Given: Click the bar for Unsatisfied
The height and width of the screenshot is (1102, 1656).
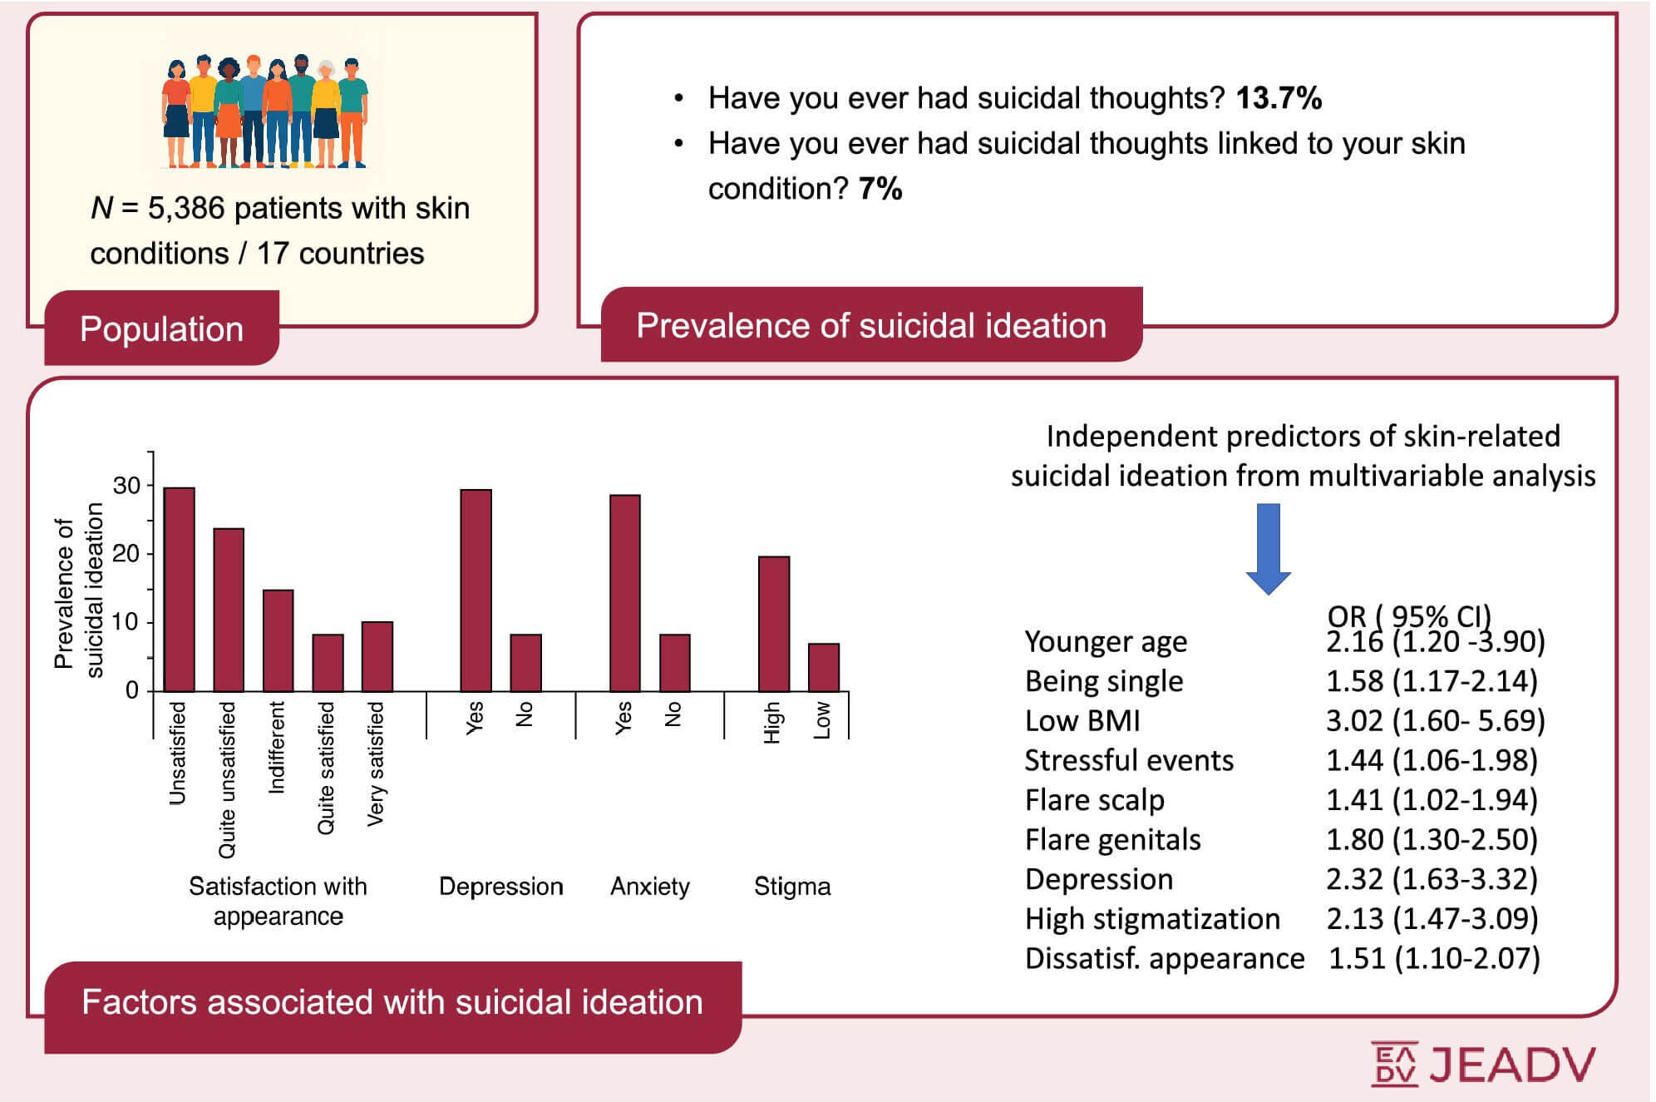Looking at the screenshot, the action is coord(180,589).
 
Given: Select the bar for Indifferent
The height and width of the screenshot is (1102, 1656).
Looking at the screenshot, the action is coord(278,640).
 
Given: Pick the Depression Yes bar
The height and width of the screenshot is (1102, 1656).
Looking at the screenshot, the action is coord(476,590).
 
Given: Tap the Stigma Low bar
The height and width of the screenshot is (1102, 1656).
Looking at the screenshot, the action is coord(824,667).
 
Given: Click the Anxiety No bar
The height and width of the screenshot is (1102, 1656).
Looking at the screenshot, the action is coord(675,662).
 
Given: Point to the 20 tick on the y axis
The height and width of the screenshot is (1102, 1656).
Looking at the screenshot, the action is coord(126,553).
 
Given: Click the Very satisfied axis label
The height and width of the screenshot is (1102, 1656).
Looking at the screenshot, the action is coord(376,764).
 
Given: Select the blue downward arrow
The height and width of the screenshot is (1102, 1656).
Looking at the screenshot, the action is coord(1268,549).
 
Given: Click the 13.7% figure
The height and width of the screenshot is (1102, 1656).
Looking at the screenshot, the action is coord(1279,98).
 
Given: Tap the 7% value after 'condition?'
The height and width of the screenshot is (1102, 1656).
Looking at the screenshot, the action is coord(880,189).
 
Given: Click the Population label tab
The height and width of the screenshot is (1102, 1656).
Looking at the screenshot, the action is coord(162,329).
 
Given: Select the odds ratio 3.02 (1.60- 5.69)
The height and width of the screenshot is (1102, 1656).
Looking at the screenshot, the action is coord(1435,720).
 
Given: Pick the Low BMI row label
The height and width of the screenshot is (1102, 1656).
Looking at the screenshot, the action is coord(1082,720).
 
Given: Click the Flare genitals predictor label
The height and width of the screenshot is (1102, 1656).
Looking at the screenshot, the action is coord(1113,840).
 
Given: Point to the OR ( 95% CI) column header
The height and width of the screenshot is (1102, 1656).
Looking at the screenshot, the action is coord(1409,615).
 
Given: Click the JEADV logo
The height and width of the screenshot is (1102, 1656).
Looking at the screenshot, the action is coord(1483,1064).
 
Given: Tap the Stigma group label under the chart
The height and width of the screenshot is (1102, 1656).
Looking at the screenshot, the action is coord(792,887).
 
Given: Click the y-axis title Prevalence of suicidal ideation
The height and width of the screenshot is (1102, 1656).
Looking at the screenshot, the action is coord(78,591).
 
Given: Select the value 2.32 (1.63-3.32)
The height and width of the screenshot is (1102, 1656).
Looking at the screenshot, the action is coord(1432,879).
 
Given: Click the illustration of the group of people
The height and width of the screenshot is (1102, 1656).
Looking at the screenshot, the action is coord(264,111).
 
